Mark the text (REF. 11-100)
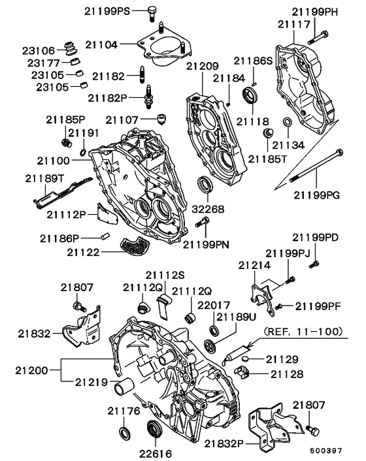303,332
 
